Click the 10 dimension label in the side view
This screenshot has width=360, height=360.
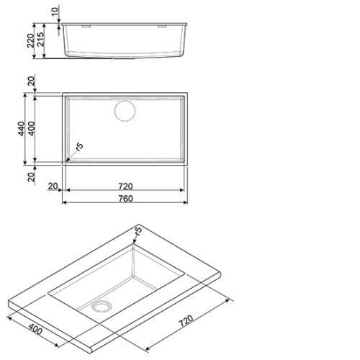[55, 12]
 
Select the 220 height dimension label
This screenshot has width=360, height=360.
[31, 40]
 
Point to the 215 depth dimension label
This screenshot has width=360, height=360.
[40, 39]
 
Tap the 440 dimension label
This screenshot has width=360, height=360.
[22, 129]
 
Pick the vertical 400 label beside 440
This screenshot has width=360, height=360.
[32, 129]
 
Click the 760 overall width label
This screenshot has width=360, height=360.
[125, 199]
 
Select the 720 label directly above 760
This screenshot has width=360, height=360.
[125, 186]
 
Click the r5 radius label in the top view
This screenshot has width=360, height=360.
[79, 146]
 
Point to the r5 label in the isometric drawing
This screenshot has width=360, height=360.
[138, 230]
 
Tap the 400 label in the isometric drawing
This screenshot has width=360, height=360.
[35, 329]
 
